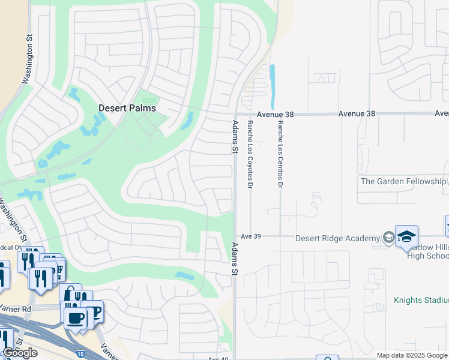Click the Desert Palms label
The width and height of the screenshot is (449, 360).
[x=127, y=108]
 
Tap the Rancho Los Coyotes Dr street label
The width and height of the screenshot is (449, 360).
[x=250, y=152]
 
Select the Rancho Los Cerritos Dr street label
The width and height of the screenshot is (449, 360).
[x=280, y=154]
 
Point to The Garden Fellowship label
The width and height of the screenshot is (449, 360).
[x=402, y=181]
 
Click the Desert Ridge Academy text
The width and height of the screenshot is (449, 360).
[x=338, y=238]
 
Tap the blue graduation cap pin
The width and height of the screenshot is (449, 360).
[x=406, y=236]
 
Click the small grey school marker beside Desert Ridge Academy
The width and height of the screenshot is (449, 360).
[x=389, y=238]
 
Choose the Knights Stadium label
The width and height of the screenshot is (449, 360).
[x=421, y=300]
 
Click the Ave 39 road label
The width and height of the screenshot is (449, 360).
[x=250, y=236]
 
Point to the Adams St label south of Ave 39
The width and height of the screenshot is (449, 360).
[x=235, y=259]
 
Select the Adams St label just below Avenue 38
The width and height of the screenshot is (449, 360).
[x=235, y=137]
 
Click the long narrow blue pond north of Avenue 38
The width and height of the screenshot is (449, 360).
[x=273, y=84]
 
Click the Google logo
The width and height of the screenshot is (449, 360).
[x=19, y=353]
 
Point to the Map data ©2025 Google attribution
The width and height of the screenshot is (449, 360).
[x=412, y=355]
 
